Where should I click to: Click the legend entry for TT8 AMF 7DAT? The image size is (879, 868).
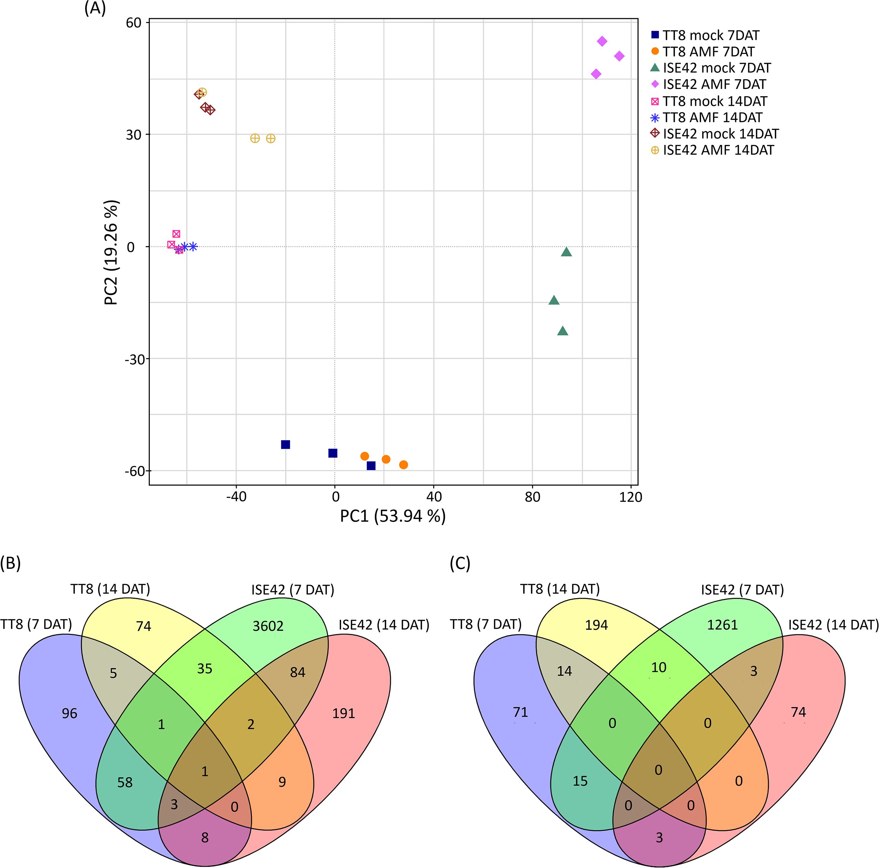tap(708, 52)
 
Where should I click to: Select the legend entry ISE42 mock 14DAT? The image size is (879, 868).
tap(720, 134)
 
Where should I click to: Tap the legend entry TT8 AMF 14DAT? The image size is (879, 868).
tap(712, 117)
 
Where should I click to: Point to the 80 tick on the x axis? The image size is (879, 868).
tap(532, 496)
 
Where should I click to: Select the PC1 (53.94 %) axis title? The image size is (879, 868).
tap(393, 516)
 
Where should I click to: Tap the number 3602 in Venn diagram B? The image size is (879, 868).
tap(268, 626)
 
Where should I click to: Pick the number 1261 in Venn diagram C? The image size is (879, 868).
tap(722, 625)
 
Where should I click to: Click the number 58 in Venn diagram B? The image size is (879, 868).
tap(125, 782)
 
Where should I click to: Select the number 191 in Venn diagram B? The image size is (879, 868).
tap(343, 713)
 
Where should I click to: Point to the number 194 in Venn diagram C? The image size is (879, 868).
tap(596, 625)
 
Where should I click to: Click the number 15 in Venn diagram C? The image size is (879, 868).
tap(580, 781)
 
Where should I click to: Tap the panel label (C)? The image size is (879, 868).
tap(460, 563)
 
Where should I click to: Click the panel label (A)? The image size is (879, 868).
tap(95, 9)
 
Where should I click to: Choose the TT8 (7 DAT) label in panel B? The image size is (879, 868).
tap(36, 624)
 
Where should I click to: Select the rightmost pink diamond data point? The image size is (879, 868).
tap(619, 56)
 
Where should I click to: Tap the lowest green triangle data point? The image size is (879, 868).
tap(563, 331)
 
